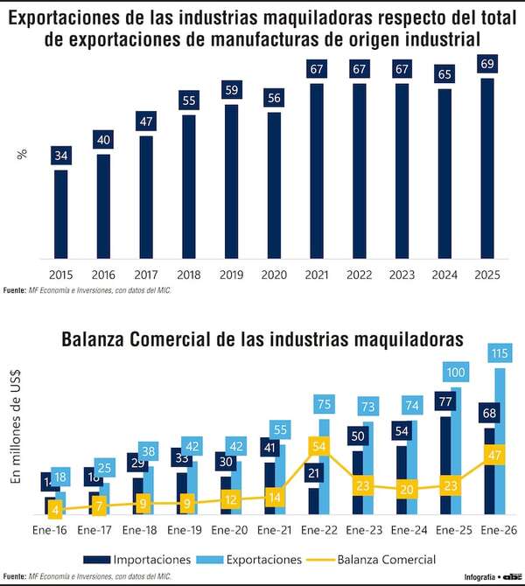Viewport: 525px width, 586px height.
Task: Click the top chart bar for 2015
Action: pos(60,213)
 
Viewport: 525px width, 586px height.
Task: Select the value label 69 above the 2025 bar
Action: pos(487,64)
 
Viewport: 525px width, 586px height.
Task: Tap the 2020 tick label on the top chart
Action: pos(274,275)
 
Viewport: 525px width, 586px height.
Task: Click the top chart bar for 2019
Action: pos(231,181)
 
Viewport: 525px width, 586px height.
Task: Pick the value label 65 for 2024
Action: pos(444,74)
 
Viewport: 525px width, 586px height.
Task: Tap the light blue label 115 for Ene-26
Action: pos(500,354)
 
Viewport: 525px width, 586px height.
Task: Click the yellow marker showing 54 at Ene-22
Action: pos(318,446)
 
